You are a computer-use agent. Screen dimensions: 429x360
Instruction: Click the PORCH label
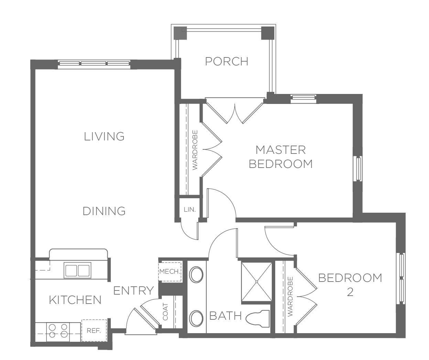click(x=227, y=61)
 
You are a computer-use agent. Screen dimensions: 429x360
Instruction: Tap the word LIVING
click(x=104, y=136)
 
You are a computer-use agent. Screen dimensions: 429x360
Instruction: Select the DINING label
click(x=104, y=211)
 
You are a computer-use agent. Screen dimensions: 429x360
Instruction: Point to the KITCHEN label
click(x=75, y=300)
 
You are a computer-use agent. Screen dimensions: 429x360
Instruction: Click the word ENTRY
click(x=133, y=290)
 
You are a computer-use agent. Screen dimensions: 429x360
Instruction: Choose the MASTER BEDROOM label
click(x=281, y=157)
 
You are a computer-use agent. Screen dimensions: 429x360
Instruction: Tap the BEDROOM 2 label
click(x=350, y=285)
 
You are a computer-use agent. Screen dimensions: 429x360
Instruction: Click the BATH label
click(x=225, y=316)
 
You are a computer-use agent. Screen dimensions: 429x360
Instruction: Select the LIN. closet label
click(x=190, y=210)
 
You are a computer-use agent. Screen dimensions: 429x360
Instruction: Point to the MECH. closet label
click(x=170, y=272)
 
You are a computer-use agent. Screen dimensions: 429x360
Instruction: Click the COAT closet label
click(x=165, y=311)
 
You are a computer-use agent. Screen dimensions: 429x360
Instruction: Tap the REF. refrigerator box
click(x=94, y=330)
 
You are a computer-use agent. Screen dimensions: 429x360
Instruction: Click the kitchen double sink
click(x=77, y=270)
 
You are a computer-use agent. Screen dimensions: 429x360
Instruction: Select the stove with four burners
click(x=58, y=332)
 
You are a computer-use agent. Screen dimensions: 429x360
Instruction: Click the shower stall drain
click(x=257, y=282)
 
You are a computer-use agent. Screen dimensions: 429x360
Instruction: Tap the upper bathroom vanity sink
click(x=196, y=274)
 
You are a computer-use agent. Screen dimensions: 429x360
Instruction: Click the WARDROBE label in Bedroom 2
click(x=290, y=297)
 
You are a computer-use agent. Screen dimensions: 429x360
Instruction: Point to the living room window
click(x=94, y=64)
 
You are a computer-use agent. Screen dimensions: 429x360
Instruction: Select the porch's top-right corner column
click(x=268, y=33)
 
